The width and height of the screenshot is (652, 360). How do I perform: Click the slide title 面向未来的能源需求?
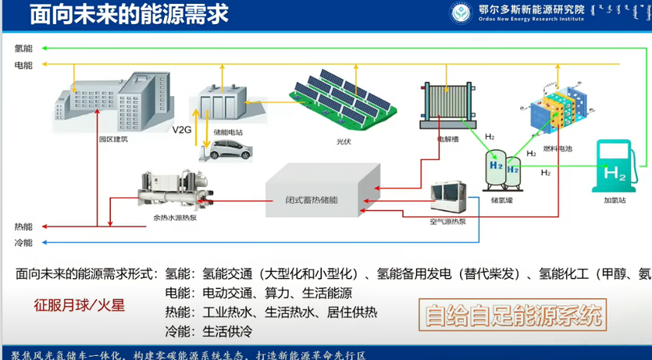click(x=125, y=14)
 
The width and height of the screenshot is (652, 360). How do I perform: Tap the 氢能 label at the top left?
click(x=23, y=48)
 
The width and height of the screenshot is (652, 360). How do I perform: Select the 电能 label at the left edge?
click(x=23, y=66)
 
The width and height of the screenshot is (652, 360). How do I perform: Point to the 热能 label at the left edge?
click(x=23, y=226)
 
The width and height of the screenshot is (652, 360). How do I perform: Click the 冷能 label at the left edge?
click(x=23, y=243)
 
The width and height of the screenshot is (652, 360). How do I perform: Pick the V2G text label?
click(x=182, y=129)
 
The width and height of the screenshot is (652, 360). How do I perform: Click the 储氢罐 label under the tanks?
click(x=501, y=200)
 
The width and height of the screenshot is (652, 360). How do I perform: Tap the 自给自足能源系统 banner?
click(x=512, y=317)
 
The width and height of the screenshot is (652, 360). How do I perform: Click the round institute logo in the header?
click(x=461, y=12)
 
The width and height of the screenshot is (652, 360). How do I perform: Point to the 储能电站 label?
click(x=228, y=133)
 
